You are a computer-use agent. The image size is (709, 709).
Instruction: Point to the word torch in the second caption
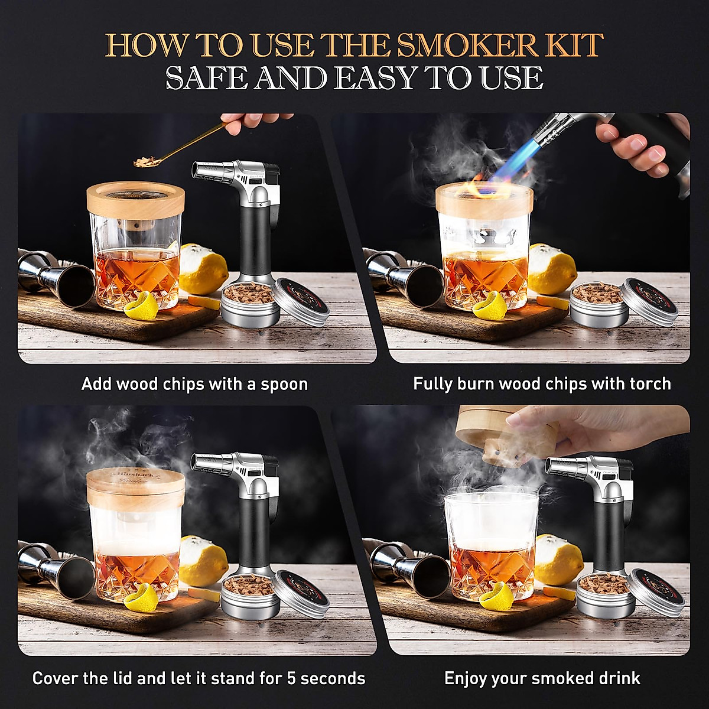pyautogui.click(x=650, y=384)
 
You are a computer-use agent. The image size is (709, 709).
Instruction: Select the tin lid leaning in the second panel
pyautogui.click(x=650, y=301)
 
